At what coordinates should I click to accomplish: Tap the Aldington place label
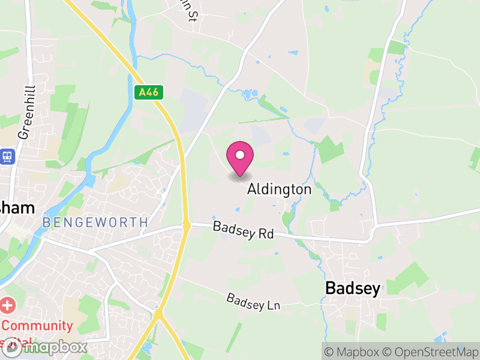coord(280,190)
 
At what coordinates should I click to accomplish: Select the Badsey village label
coord(352,289)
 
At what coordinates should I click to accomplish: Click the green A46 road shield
coord(149,92)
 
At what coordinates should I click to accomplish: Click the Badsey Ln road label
coord(253,301)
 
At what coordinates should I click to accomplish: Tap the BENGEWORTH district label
coord(95,223)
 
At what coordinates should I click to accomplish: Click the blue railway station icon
coord(8,157)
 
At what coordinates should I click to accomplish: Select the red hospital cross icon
coord(7,305)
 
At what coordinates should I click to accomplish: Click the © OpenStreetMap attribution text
coord(431,352)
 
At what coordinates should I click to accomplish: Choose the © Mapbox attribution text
coord(350,352)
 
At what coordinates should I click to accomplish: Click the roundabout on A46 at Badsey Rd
coord(187,226)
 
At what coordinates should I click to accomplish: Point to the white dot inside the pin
coord(240,155)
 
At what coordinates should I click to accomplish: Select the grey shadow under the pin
coord(240,176)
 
